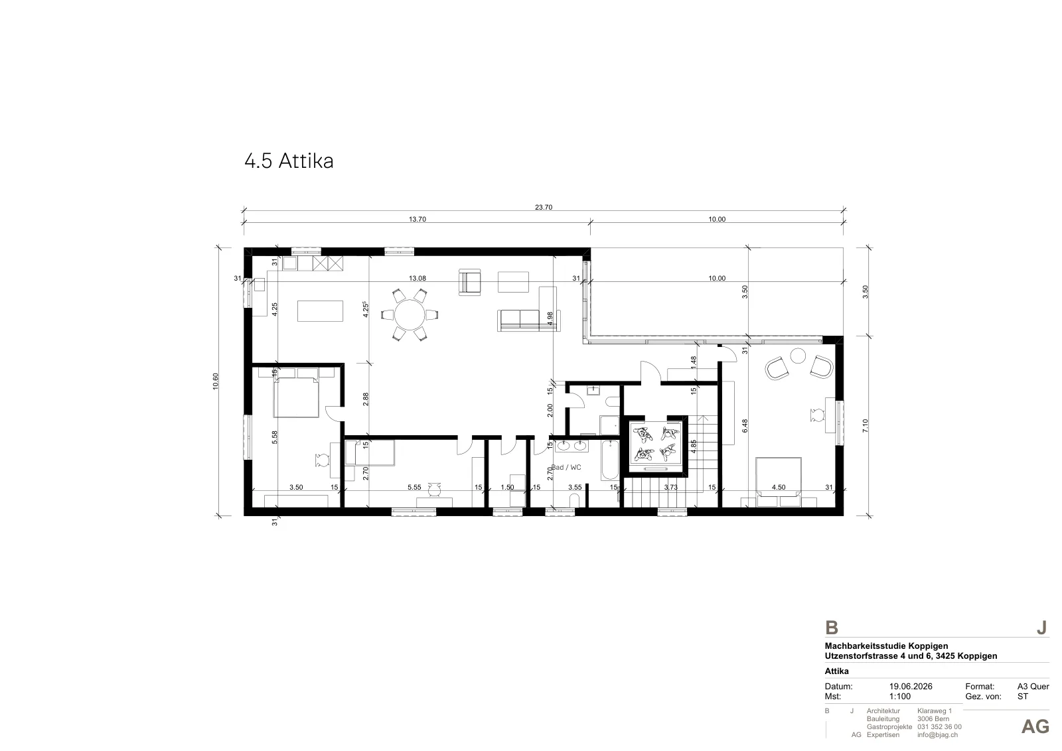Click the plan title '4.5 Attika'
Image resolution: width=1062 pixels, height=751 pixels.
(289, 161)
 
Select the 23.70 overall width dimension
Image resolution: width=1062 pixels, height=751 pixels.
(544, 207)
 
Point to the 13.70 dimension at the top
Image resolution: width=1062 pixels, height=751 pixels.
(417, 219)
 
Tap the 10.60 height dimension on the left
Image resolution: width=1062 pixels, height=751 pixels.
(216, 381)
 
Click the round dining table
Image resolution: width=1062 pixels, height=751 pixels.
(410, 314)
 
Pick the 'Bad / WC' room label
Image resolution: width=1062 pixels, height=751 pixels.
(566, 467)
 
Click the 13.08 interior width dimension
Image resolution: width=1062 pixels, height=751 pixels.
(417, 278)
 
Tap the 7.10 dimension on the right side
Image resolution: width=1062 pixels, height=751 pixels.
(866, 425)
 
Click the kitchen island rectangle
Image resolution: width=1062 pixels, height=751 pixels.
(320, 311)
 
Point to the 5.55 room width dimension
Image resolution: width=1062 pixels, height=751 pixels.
(414, 487)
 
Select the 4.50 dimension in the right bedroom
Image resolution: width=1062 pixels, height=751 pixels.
(779, 487)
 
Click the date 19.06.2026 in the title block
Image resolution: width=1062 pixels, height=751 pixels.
(911, 686)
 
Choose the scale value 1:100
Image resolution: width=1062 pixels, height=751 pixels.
(900, 697)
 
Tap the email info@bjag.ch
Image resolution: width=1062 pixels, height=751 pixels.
(937, 735)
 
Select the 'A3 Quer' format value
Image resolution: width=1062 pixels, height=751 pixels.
(1033, 686)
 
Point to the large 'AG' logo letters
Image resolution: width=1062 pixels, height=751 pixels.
(1035, 727)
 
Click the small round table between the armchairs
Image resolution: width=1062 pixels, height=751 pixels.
(798, 356)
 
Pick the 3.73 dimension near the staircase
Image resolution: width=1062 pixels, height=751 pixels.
(670, 487)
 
